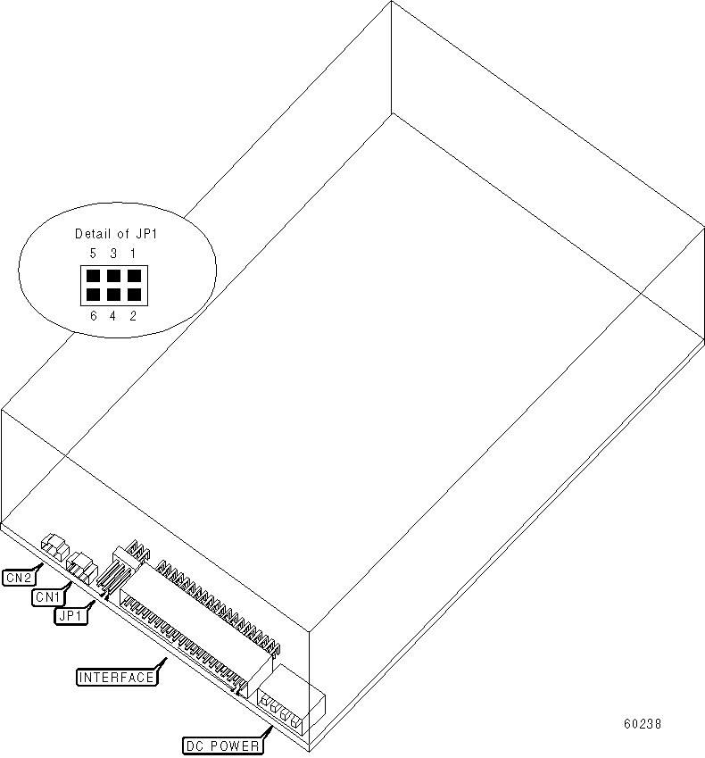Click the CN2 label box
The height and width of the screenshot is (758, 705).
click(20, 577)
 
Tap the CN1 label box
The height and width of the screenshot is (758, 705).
click(46, 596)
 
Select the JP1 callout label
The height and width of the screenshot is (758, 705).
click(70, 615)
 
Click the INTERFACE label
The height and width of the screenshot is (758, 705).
click(117, 677)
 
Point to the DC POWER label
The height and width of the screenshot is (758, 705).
click(221, 746)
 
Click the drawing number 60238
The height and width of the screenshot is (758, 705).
click(643, 725)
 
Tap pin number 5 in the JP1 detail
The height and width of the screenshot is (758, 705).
click(93, 254)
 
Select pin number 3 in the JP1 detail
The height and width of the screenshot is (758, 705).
click(113, 254)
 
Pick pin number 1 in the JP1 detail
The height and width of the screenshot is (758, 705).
click(133, 254)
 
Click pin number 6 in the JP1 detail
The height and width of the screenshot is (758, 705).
click(93, 314)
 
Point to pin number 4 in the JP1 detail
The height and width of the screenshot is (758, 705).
click(113, 314)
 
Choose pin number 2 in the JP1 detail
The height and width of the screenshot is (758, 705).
click(133, 314)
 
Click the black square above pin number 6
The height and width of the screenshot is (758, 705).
click(94, 293)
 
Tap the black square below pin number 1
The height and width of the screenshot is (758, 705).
click(133, 275)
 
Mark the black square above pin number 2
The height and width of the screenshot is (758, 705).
click(133, 293)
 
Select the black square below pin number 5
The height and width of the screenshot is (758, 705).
click(94, 275)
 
